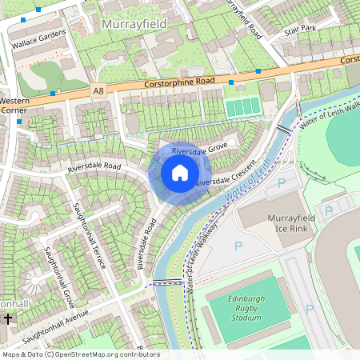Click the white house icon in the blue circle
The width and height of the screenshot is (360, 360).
coord(180,173)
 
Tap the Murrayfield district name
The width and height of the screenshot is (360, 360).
coord(134,26)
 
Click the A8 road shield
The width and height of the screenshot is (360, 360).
coord(98,91)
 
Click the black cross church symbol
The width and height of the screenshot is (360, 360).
coord(7,319)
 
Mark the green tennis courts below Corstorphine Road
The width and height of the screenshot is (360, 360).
coord(243,106)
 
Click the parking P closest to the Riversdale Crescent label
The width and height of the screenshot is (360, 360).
coord(280,183)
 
